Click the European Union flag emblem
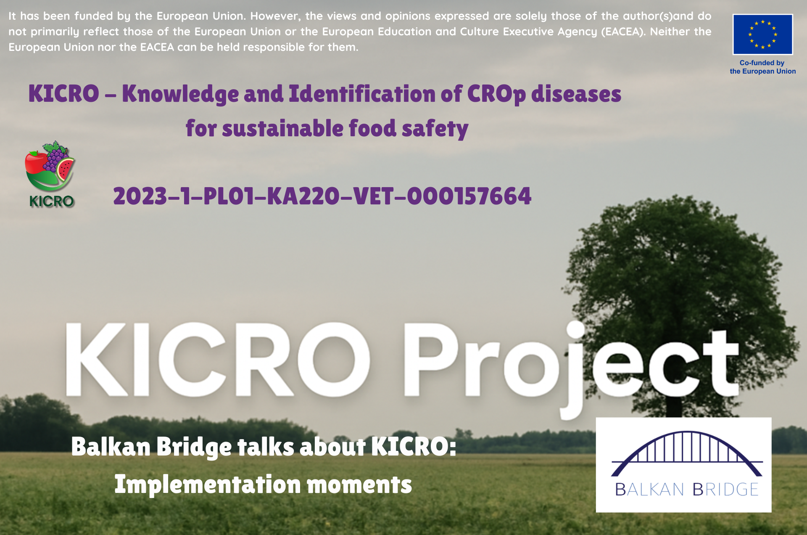click(762, 34)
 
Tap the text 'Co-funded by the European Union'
click(762, 67)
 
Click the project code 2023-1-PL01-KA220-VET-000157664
click(322, 196)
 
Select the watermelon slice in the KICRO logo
click(65, 169)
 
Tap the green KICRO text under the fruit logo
click(51, 201)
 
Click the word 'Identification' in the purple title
click(362, 93)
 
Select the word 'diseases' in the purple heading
click(576, 93)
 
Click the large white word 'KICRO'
click(217, 360)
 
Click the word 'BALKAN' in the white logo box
click(649, 490)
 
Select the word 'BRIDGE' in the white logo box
click(725, 490)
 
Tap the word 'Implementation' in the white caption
click(208, 485)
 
